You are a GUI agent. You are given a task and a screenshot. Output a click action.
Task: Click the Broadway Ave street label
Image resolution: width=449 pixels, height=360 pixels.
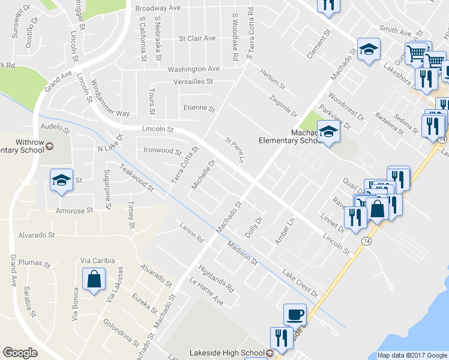[x=158, y=8]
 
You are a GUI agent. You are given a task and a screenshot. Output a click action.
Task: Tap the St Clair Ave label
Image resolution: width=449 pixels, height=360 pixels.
[x=197, y=38]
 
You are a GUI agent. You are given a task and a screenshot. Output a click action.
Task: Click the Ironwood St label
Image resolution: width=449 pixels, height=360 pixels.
[x=163, y=151]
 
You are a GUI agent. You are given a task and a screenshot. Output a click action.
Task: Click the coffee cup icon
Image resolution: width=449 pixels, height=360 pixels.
[x=295, y=314]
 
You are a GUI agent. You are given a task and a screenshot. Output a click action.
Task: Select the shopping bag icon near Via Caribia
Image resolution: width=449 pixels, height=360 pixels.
[x=94, y=280]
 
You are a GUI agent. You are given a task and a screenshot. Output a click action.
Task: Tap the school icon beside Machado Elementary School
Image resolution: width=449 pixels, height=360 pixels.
[x=328, y=131]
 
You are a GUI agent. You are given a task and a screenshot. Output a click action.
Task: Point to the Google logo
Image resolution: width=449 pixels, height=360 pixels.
[x=20, y=353]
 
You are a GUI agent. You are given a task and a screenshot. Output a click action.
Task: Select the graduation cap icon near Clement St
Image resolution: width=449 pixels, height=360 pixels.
[x=368, y=50]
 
